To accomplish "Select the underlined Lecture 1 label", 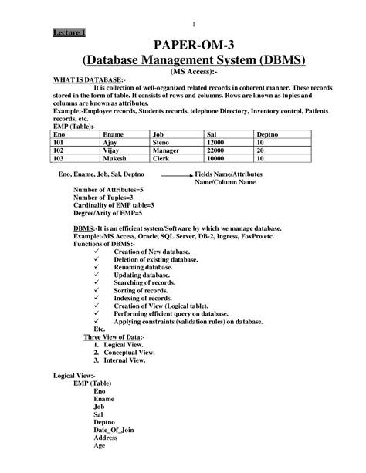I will (x=69, y=32).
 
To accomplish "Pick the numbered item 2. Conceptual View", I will (x=128, y=352).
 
